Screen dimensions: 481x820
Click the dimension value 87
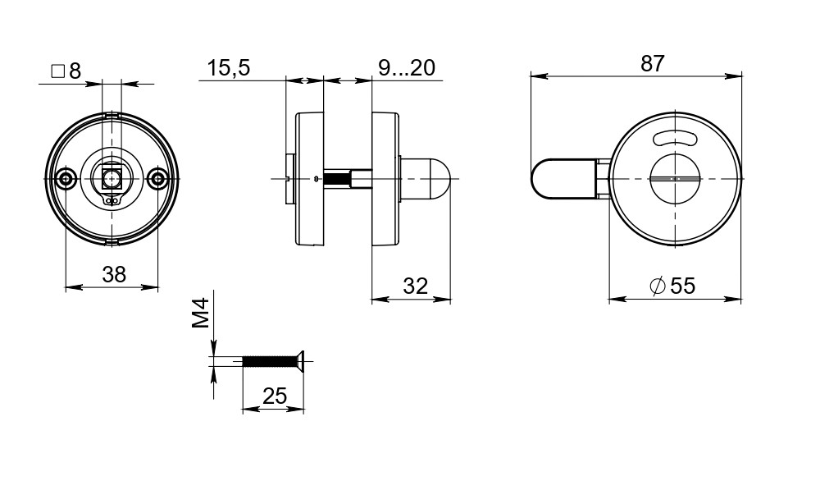point(652,64)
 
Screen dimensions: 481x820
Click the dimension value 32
point(416,286)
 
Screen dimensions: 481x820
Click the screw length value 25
point(275,396)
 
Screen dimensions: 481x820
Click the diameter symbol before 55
point(657,286)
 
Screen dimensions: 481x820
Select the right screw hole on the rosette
point(157,178)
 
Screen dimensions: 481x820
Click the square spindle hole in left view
point(112,175)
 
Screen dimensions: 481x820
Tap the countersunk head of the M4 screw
point(301,360)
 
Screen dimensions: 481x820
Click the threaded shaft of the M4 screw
point(269,360)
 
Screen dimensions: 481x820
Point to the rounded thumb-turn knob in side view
point(426,178)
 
